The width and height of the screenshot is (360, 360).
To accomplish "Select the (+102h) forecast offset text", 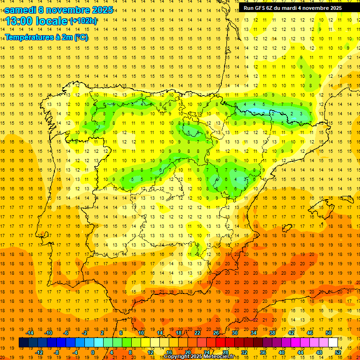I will [83, 21].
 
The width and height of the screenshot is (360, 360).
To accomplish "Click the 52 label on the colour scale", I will [338, 352].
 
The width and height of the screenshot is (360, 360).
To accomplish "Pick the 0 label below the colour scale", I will [93, 352].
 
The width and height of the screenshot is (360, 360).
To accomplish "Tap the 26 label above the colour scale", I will [216, 333].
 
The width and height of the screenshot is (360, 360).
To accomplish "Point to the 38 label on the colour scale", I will [272, 333].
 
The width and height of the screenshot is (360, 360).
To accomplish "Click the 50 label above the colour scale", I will [328, 333].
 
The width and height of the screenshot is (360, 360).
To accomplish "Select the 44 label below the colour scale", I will [300, 352].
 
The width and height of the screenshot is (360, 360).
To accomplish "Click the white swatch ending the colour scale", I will [333, 343].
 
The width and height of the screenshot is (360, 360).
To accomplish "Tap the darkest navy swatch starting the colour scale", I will [23, 343].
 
